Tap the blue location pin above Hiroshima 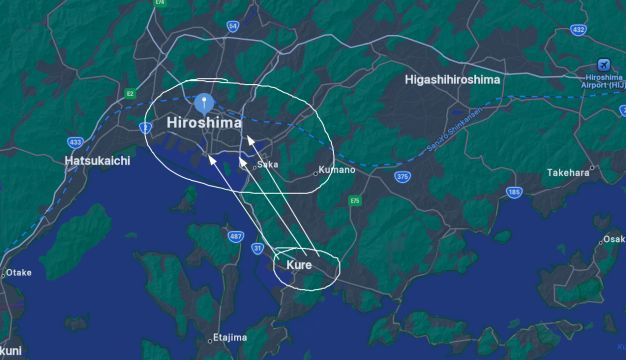[x=204, y=102]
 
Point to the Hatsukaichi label [x=98, y=160]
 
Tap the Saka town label [x=267, y=164]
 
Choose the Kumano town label [x=340, y=170]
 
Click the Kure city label [x=299, y=265]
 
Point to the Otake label [x=19, y=272]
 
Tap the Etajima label [x=229, y=338]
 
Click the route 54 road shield [x=233, y=25]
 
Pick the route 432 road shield [x=578, y=30]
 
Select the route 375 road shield [x=402, y=176]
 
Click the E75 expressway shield [x=354, y=201]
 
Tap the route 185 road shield [x=514, y=192]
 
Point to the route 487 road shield [x=236, y=236]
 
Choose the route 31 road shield [x=258, y=248]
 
